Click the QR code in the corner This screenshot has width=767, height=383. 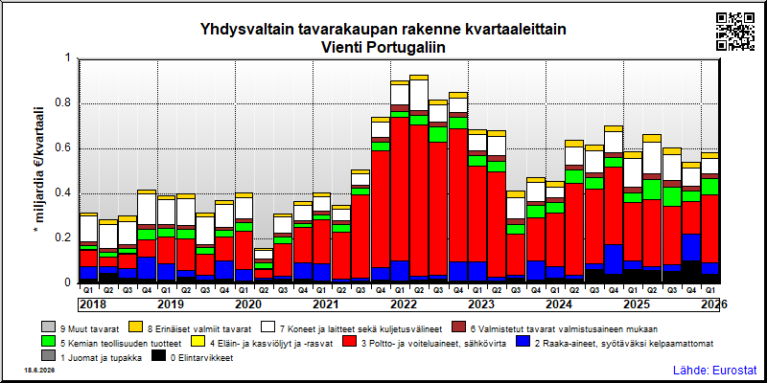tap(735, 32)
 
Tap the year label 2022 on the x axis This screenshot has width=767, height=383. tap(403, 304)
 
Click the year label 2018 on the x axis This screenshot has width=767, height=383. tap(93, 304)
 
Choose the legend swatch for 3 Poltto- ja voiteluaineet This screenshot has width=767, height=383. tap(349, 343)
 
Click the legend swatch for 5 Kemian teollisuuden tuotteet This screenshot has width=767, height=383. tap(49, 343)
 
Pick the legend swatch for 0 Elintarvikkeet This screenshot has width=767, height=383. tap(158, 358)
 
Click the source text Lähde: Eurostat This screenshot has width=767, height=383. tap(714, 370)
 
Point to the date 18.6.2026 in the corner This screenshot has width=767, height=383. tap(39, 371)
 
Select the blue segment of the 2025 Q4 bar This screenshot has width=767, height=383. tap(691, 247)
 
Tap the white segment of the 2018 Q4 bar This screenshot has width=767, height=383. tap(147, 210)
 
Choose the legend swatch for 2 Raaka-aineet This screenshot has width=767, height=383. tap(523, 343)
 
